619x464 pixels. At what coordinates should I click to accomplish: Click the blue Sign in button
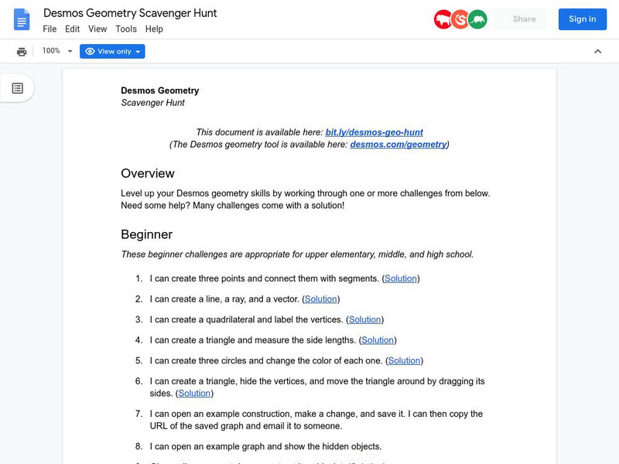pyautogui.click(x=582, y=19)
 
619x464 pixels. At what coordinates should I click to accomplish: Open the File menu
pyautogui.click(x=50, y=29)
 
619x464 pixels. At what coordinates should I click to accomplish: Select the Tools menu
pyautogui.click(x=125, y=29)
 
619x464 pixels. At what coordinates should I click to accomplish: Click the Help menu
pyautogui.click(x=154, y=29)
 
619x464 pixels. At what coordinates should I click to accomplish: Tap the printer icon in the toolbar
pyautogui.click(x=22, y=51)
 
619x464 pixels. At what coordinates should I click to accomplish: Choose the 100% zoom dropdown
pyautogui.click(x=57, y=51)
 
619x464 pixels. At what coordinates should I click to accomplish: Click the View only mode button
pyautogui.click(x=113, y=51)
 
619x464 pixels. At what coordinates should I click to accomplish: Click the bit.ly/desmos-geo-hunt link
pyautogui.click(x=374, y=132)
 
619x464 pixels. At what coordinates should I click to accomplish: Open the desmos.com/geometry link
pyautogui.click(x=398, y=145)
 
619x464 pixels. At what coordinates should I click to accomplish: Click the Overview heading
pyautogui.click(x=148, y=173)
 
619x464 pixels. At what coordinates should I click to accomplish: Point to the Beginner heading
pyautogui.click(x=146, y=234)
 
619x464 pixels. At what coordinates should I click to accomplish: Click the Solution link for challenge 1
pyautogui.click(x=401, y=278)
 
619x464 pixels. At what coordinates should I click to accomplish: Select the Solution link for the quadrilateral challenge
pyautogui.click(x=364, y=319)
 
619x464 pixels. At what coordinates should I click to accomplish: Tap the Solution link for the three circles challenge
pyautogui.click(x=404, y=360)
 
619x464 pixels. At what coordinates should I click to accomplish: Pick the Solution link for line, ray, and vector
pyautogui.click(x=320, y=299)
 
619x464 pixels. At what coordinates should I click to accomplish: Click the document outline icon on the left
pyautogui.click(x=17, y=88)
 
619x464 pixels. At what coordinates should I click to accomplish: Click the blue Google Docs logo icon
pyautogui.click(x=22, y=19)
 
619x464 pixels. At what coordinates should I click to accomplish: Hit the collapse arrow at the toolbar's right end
pyautogui.click(x=597, y=51)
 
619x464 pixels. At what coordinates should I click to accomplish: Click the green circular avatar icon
pyautogui.click(x=477, y=19)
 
